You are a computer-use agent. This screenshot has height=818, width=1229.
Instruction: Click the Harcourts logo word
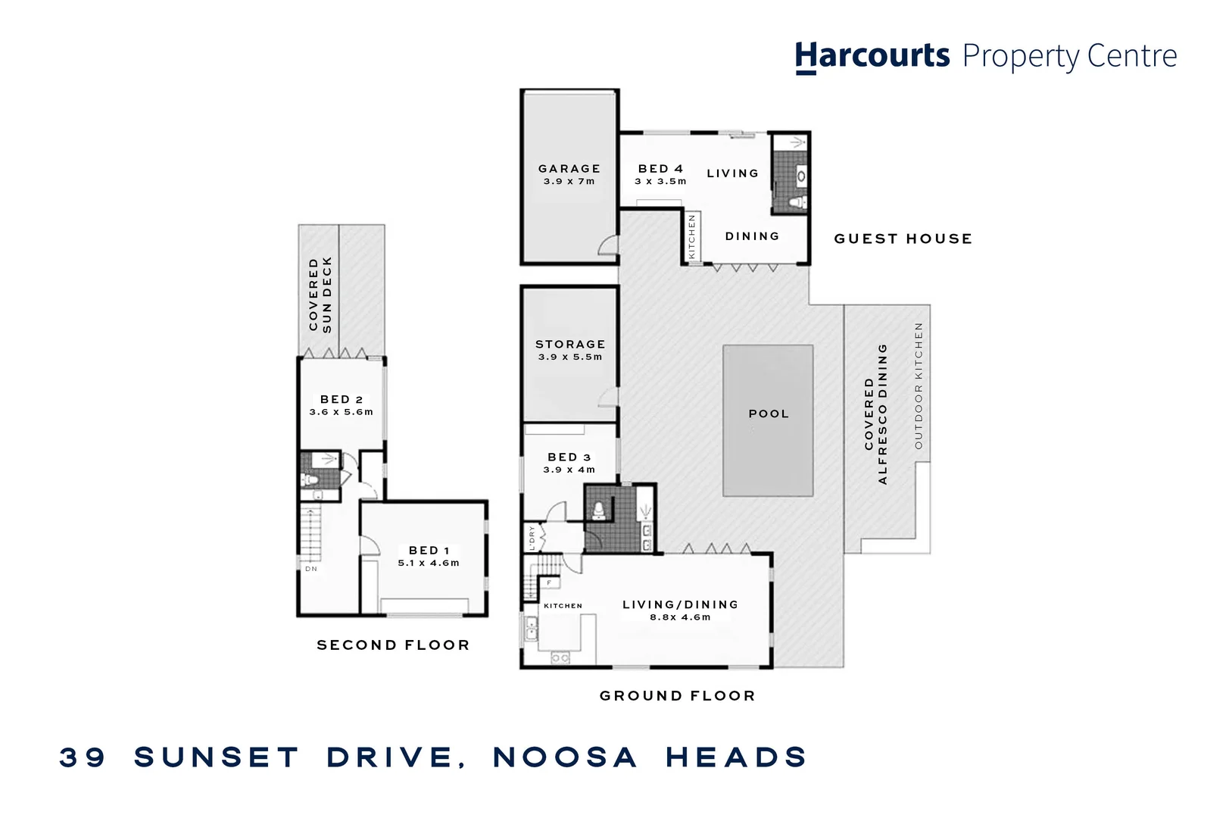point(872,57)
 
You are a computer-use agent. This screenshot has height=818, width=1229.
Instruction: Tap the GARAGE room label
point(569,169)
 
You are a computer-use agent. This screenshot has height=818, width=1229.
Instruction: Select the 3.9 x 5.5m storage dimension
point(570,357)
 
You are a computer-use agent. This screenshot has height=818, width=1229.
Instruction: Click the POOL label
point(769,414)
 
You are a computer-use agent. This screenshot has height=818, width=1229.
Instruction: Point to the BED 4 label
point(660,169)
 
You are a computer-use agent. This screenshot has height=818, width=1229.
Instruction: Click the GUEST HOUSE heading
point(903,239)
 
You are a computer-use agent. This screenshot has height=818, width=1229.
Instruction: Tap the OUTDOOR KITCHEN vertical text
point(919,386)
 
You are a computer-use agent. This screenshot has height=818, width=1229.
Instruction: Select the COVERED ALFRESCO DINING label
point(875,414)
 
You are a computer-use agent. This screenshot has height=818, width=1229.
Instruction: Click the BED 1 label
point(429,551)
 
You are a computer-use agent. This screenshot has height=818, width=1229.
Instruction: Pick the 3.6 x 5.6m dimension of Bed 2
point(342,412)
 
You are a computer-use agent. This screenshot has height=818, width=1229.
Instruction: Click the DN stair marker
point(311,569)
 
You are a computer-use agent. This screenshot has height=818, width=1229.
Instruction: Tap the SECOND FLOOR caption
point(393,645)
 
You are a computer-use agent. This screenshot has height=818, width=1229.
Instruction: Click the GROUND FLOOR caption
point(678,696)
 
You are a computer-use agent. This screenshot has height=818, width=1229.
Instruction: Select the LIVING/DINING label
point(680,604)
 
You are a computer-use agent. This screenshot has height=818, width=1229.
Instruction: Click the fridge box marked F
point(550,582)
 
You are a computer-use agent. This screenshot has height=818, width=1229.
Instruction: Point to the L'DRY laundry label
point(532,538)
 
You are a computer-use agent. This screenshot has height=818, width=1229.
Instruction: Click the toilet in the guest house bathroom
point(797,202)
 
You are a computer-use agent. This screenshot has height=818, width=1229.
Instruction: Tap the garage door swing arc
point(609,245)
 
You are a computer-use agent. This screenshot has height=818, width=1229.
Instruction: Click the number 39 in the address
point(83,757)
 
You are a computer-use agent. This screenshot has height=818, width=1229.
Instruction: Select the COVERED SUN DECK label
point(320,294)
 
